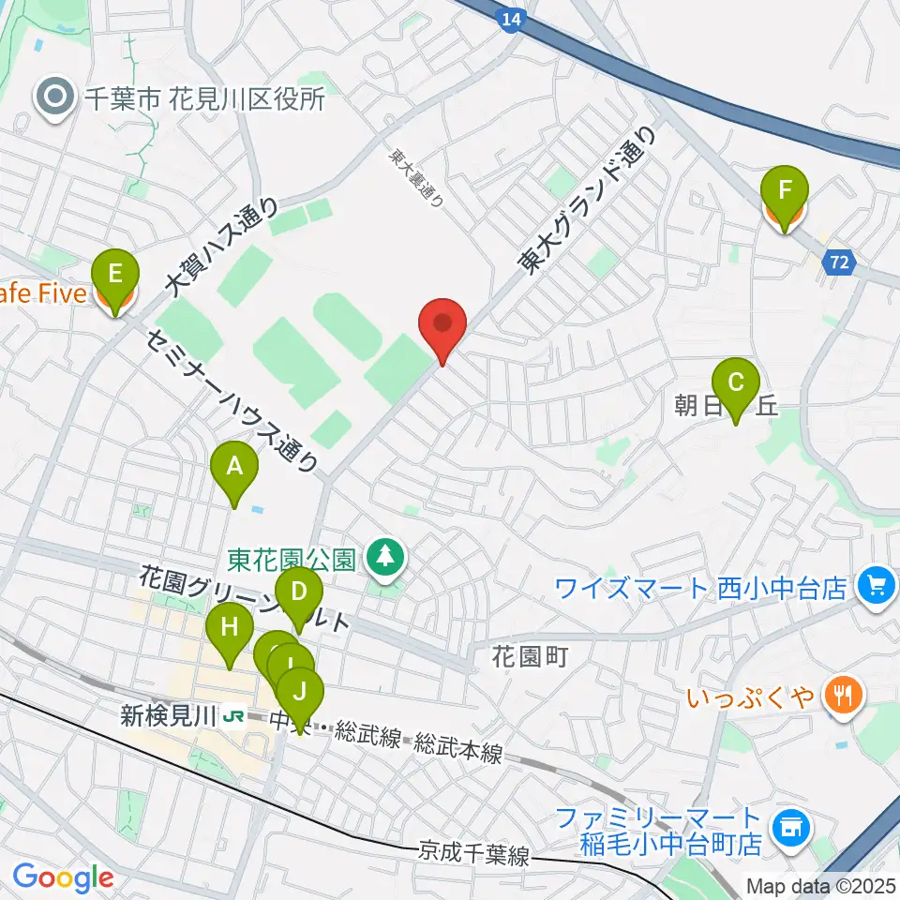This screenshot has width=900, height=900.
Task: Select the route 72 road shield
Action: pos(841,265)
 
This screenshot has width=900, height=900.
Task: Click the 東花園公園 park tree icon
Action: pos(383,560)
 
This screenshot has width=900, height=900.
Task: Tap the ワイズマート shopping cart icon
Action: pos(876,588)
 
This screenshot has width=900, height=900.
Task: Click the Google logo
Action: pos(64,878)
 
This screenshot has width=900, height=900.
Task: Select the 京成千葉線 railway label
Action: pos(473,855)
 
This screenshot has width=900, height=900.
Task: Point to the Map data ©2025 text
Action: pos(819,885)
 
